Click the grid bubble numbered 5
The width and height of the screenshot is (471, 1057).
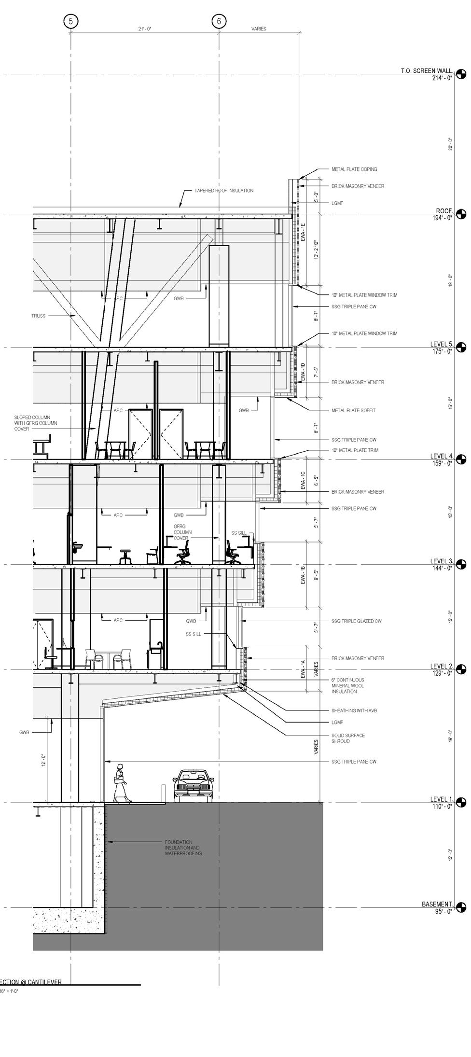click(x=71, y=21)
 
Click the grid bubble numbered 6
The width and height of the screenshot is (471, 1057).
click(x=219, y=21)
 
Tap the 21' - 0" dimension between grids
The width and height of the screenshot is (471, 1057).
click(x=144, y=29)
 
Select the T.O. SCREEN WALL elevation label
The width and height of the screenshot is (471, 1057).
click(x=427, y=71)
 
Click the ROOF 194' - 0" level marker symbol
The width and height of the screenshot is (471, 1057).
click(x=461, y=214)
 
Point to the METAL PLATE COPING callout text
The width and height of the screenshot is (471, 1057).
click(x=354, y=169)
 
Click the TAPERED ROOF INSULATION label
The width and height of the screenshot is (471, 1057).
click(x=224, y=191)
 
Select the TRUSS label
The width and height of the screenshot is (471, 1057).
click(x=39, y=316)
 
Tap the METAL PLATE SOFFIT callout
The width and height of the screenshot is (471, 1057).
click(x=353, y=411)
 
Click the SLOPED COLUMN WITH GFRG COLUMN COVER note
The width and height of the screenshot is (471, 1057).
click(x=36, y=423)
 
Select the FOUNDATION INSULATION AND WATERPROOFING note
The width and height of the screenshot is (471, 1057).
click(x=183, y=848)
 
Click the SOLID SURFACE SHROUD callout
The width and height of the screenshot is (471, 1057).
click(x=348, y=738)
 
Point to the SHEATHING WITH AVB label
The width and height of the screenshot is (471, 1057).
click(x=350, y=710)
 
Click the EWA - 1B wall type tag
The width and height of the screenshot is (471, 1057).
click(x=304, y=576)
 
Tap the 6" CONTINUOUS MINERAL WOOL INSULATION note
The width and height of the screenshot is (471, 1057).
click(x=347, y=685)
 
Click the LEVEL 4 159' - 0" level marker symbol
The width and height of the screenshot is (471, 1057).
click(x=461, y=459)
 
